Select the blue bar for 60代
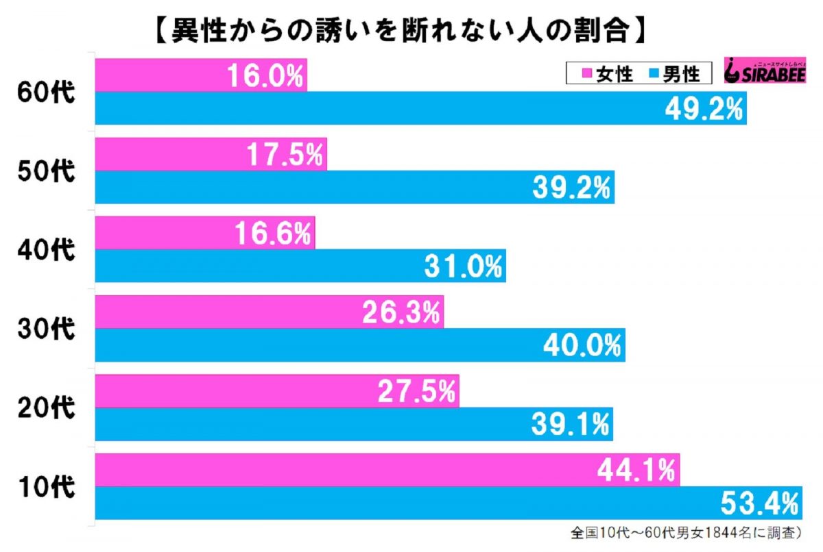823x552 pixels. (x=343, y=108)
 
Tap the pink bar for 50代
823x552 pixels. (x=171, y=155)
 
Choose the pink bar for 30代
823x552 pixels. (x=226, y=312)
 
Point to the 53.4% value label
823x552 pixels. (x=761, y=504)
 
